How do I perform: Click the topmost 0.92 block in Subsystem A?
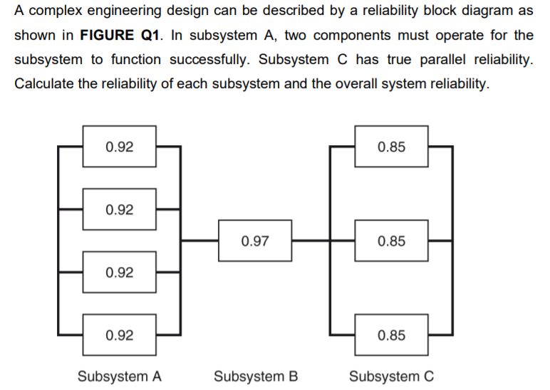119,147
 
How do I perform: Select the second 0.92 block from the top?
119,209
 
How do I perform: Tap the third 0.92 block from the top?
119,272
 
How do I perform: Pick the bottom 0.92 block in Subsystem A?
119,334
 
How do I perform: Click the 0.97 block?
255,241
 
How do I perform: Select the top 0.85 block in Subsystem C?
392,147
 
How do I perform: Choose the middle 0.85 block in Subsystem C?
392,241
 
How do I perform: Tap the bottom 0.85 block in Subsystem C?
392,334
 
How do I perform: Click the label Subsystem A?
120,376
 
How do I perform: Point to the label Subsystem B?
256,376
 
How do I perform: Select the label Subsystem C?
392,376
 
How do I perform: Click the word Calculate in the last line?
44,83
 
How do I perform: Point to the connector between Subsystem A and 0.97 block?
199,241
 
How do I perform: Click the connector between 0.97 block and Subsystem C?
310,241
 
